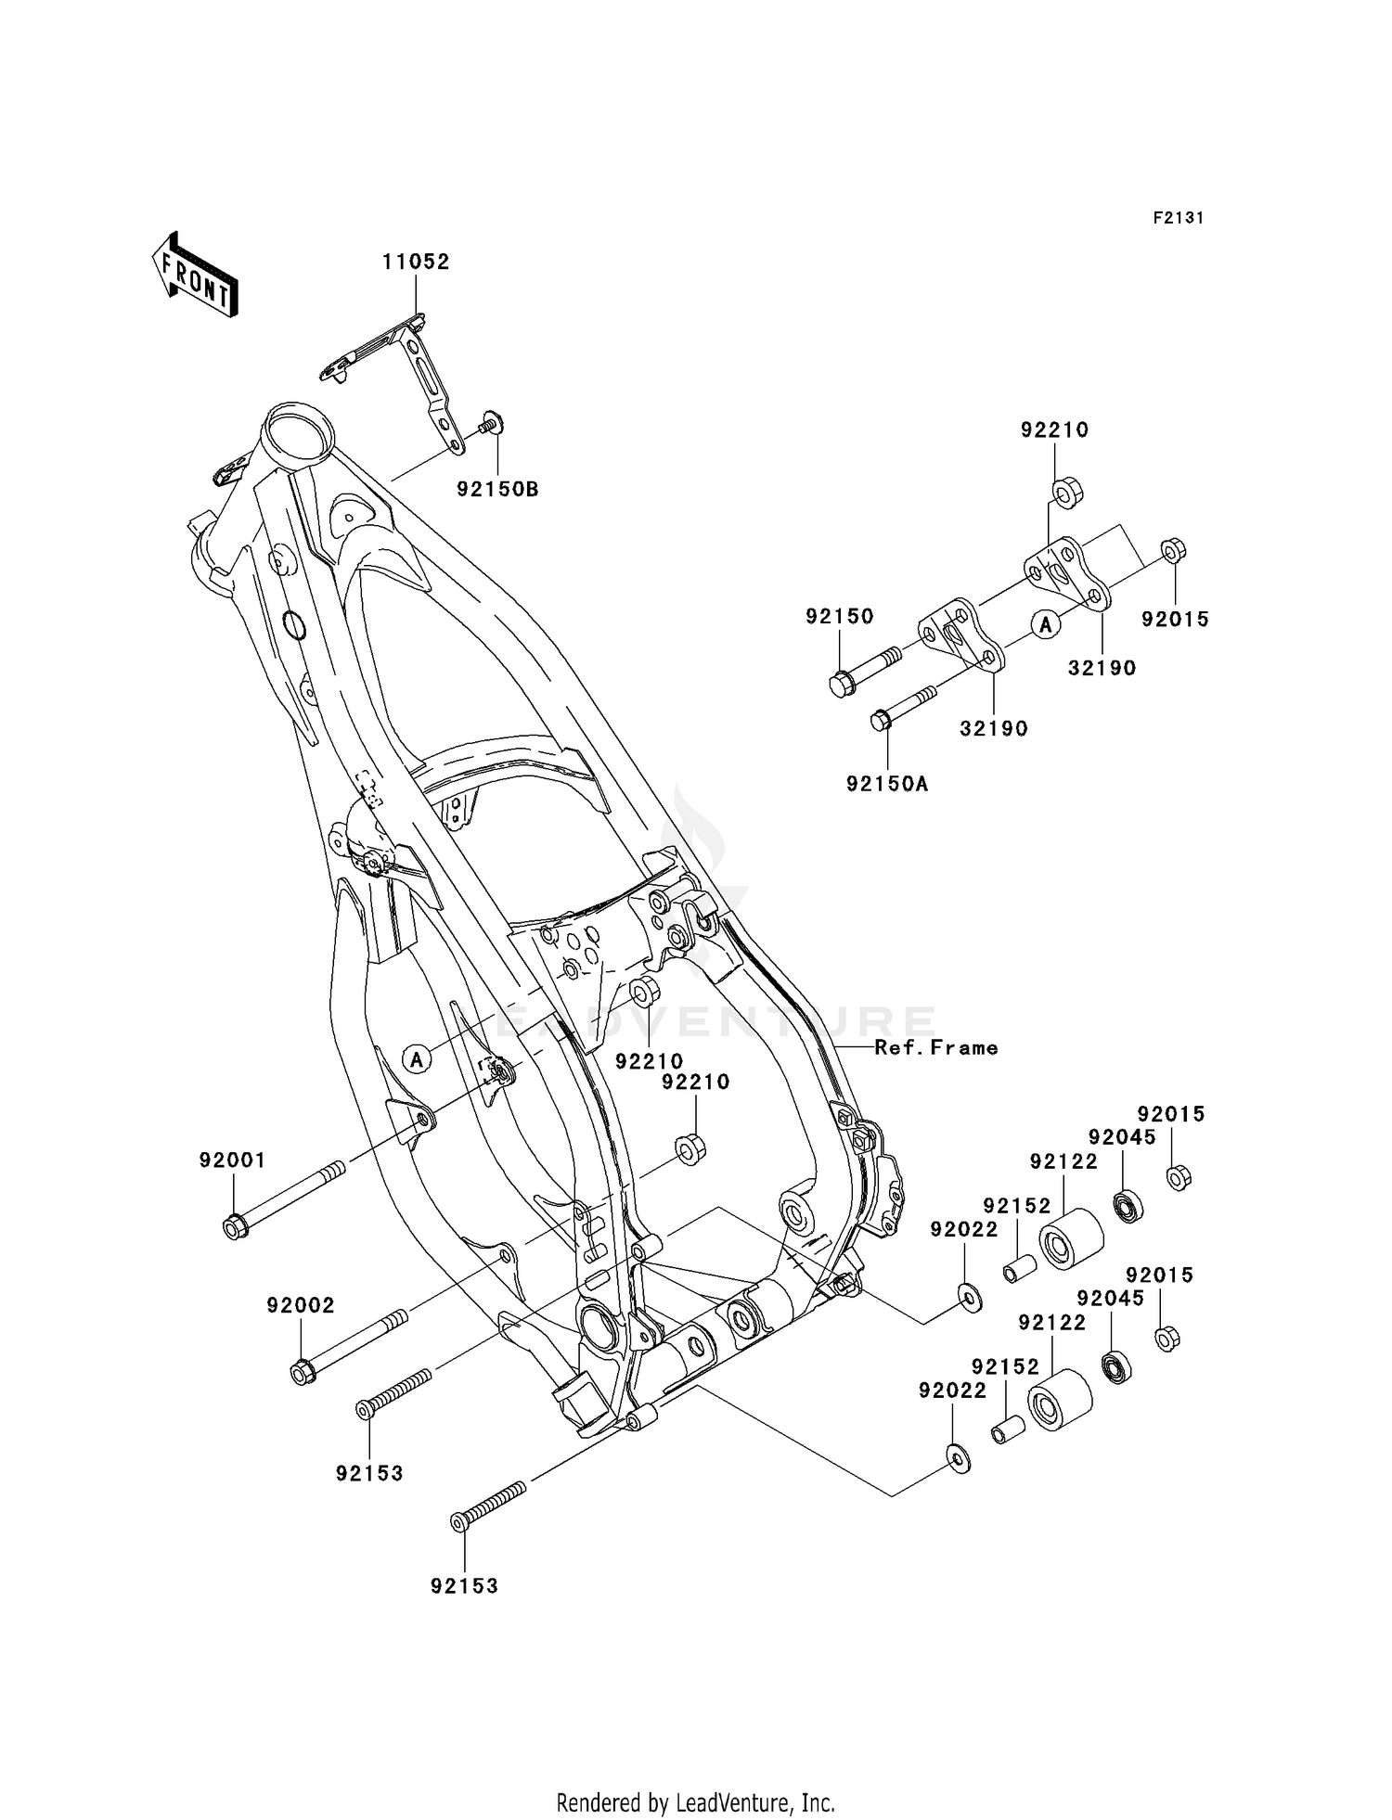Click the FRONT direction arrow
(195, 276)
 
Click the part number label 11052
(416, 263)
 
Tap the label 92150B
(497, 489)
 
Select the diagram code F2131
(1179, 218)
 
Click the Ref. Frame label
(936, 1047)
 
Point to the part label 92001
(232, 1160)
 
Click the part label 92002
(301, 1305)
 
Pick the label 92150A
(887, 784)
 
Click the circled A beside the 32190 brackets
(1046, 625)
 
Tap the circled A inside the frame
(418, 1057)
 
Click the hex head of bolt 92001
(235, 1228)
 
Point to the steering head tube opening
(297, 431)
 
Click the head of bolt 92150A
(881, 720)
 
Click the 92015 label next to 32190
(1176, 619)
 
